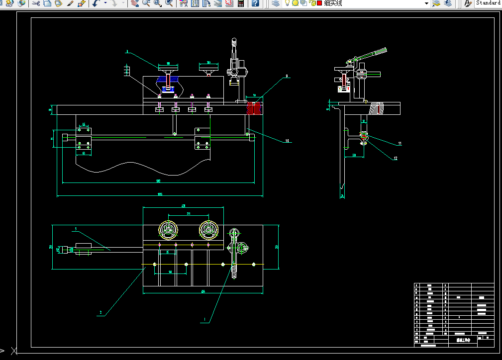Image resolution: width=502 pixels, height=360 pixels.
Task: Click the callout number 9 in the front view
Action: pyautogui.click(x=287, y=77)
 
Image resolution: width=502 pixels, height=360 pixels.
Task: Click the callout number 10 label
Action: pyautogui.click(x=287, y=141)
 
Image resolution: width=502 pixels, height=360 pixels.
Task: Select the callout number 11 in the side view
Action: pyautogui.click(x=400, y=143)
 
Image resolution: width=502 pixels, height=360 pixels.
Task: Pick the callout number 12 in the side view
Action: pyautogui.click(x=396, y=159)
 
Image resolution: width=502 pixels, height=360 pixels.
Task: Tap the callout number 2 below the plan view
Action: pyautogui.click(x=100, y=313)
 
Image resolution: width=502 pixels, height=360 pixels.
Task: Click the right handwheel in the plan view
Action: pyautogui.click(x=209, y=230)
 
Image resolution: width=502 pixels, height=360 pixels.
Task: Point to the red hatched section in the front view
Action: pyautogui.click(x=254, y=108)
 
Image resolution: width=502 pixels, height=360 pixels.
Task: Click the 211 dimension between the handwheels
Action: pyautogui.click(x=188, y=214)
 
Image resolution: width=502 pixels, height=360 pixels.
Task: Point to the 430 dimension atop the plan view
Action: pyautogui.click(x=183, y=205)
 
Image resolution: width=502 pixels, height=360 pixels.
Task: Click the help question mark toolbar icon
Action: pyautogui.click(x=255, y=3)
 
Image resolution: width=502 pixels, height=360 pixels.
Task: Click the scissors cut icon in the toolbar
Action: pyautogui.click(x=36, y=3)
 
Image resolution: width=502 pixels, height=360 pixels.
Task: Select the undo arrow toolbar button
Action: pyautogui.click(x=96, y=3)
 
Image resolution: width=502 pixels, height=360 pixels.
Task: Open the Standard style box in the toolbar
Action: pyautogui.click(x=488, y=3)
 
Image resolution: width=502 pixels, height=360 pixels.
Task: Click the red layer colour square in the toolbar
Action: pyautogui.click(x=319, y=3)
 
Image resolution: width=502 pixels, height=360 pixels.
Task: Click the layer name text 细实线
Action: pyautogui.click(x=333, y=3)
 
